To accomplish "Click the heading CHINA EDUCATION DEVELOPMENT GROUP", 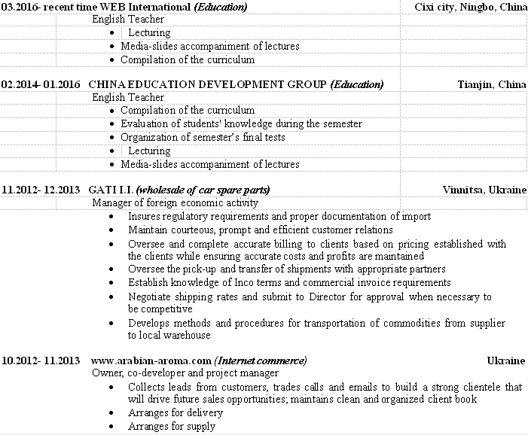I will pyautogui.click(x=208, y=84).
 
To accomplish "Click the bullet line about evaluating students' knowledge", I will pyautogui.click(x=241, y=123).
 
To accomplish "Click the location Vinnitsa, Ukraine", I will pyautogui.click(x=485, y=189).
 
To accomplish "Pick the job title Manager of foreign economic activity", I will pyautogui.click(x=175, y=202).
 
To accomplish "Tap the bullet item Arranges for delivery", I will pyautogui.click(x=175, y=412).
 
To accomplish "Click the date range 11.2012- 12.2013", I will pyautogui.click(x=40, y=189).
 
